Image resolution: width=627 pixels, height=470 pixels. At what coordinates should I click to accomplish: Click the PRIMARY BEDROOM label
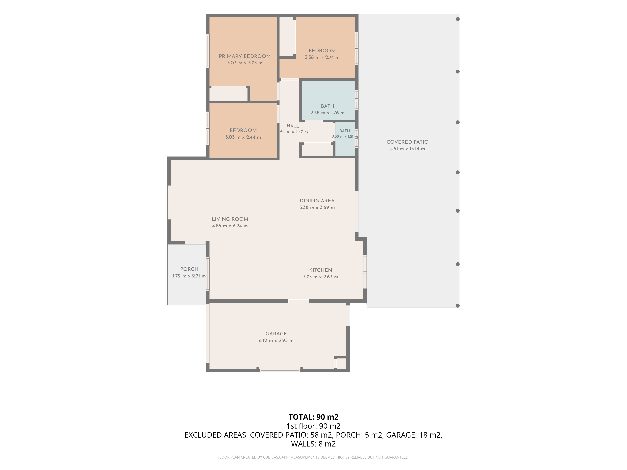(x=245, y=56)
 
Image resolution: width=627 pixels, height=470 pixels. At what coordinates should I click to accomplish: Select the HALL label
(x=292, y=126)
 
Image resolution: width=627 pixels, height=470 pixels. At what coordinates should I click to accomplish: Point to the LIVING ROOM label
(x=230, y=219)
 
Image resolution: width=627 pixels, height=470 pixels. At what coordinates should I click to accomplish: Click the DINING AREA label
(x=317, y=201)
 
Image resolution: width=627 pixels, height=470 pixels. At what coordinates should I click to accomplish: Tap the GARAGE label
(x=276, y=334)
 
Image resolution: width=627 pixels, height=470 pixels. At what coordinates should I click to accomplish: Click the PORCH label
(x=189, y=269)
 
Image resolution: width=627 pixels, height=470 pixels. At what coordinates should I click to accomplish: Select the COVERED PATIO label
(x=407, y=142)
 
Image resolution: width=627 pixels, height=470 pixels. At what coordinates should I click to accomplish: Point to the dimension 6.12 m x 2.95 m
(x=276, y=341)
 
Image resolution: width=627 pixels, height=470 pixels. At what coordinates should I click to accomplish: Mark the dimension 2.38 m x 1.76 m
(x=327, y=113)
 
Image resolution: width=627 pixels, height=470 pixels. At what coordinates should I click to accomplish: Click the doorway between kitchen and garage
(x=299, y=301)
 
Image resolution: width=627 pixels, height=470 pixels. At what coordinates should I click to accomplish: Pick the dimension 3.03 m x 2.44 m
(x=243, y=137)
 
